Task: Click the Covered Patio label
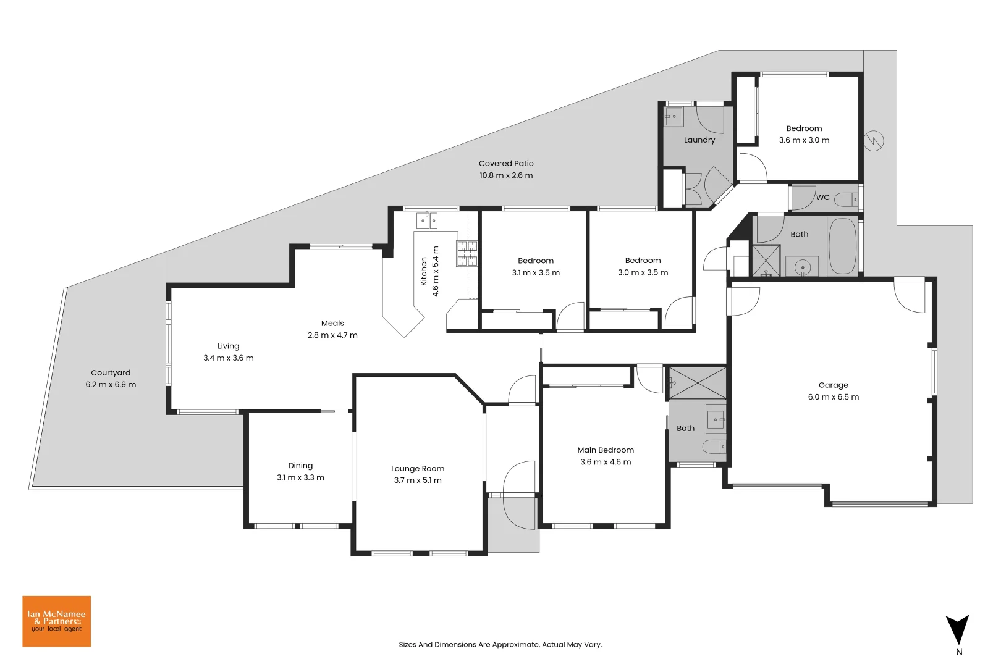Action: pyautogui.click(x=505, y=164)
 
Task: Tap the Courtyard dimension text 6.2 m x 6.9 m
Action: pyautogui.click(x=111, y=385)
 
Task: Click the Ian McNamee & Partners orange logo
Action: pyautogui.click(x=56, y=621)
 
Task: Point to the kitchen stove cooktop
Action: pyautogui.click(x=467, y=253)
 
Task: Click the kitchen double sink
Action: pyautogui.click(x=427, y=220)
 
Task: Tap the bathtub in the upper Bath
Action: pyautogui.click(x=842, y=246)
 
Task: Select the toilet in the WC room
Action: pyautogui.click(x=846, y=199)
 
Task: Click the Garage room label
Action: pyautogui.click(x=833, y=385)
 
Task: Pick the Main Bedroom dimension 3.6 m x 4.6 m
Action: pyautogui.click(x=606, y=462)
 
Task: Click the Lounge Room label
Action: pyautogui.click(x=418, y=469)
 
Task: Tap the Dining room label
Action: pyautogui.click(x=300, y=466)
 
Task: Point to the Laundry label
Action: pyautogui.click(x=699, y=140)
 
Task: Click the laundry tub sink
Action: pyautogui.click(x=674, y=116)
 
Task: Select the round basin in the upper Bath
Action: pyautogui.click(x=802, y=267)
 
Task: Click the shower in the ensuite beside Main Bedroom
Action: pyautogui.click(x=698, y=383)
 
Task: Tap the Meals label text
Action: pyautogui.click(x=332, y=324)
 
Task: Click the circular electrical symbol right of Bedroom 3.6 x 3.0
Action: pyautogui.click(x=874, y=141)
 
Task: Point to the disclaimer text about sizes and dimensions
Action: pyautogui.click(x=500, y=645)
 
